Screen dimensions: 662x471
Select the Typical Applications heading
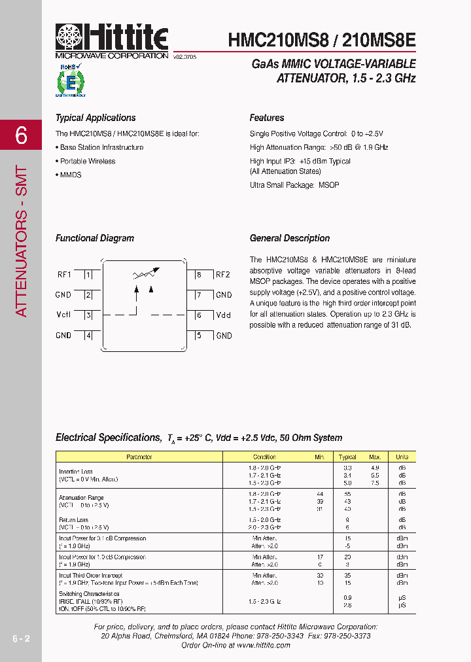tap(96, 118)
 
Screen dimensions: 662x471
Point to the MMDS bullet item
tap(70, 175)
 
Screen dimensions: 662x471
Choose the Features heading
tap(267, 118)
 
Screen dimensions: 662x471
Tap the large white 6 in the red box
tap(21, 135)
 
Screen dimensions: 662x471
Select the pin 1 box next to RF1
tap(88, 275)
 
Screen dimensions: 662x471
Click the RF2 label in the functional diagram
tap(223, 275)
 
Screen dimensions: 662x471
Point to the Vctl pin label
tap(63, 315)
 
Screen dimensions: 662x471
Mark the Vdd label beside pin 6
tap(223, 315)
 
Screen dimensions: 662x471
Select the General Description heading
tap(290, 238)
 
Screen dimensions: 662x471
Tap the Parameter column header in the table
tap(139, 457)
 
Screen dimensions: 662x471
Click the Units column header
tap(402, 457)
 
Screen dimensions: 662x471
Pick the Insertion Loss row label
tap(76, 472)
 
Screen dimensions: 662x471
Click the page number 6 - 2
tap(21, 638)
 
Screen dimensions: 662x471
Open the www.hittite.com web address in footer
tap(264, 645)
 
